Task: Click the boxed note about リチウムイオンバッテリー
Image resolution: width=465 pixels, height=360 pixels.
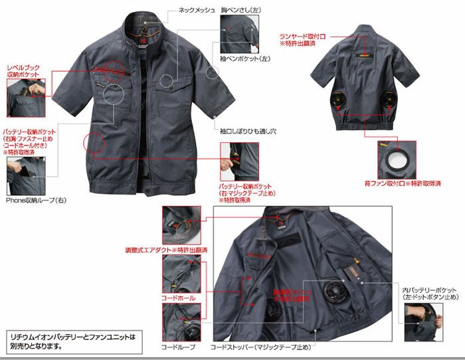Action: click(x=72, y=341)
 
